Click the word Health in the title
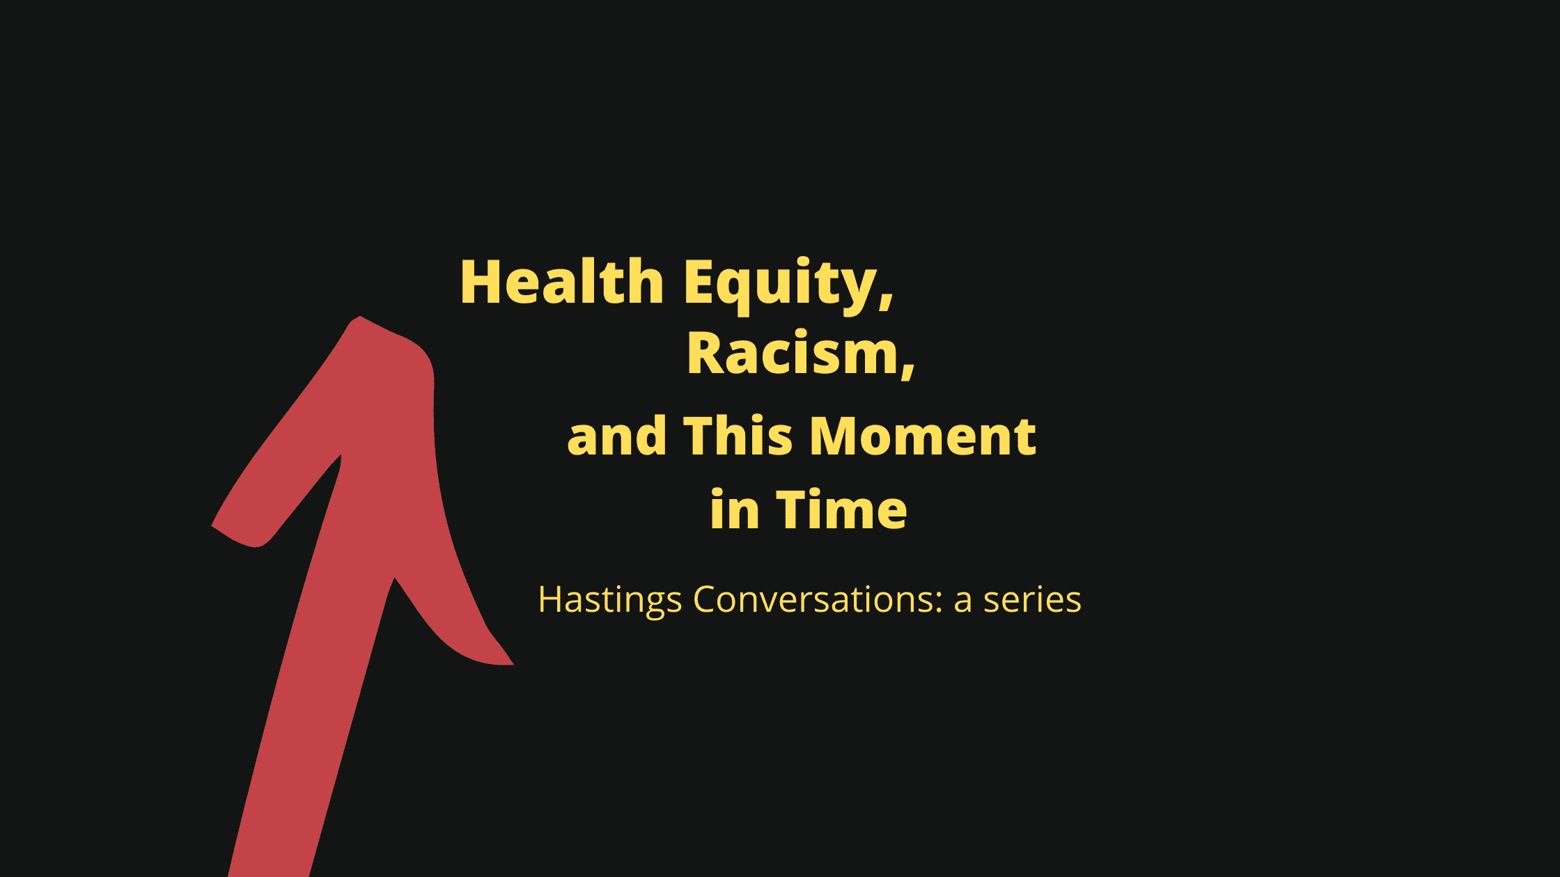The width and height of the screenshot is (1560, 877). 562,282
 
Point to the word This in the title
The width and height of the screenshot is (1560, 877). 738,436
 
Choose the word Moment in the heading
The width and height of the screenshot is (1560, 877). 923,436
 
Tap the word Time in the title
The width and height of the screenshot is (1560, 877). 841,509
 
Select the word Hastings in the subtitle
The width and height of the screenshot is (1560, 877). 609,600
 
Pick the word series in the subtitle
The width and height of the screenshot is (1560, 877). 1032,600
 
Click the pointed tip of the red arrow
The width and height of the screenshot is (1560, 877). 359,317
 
